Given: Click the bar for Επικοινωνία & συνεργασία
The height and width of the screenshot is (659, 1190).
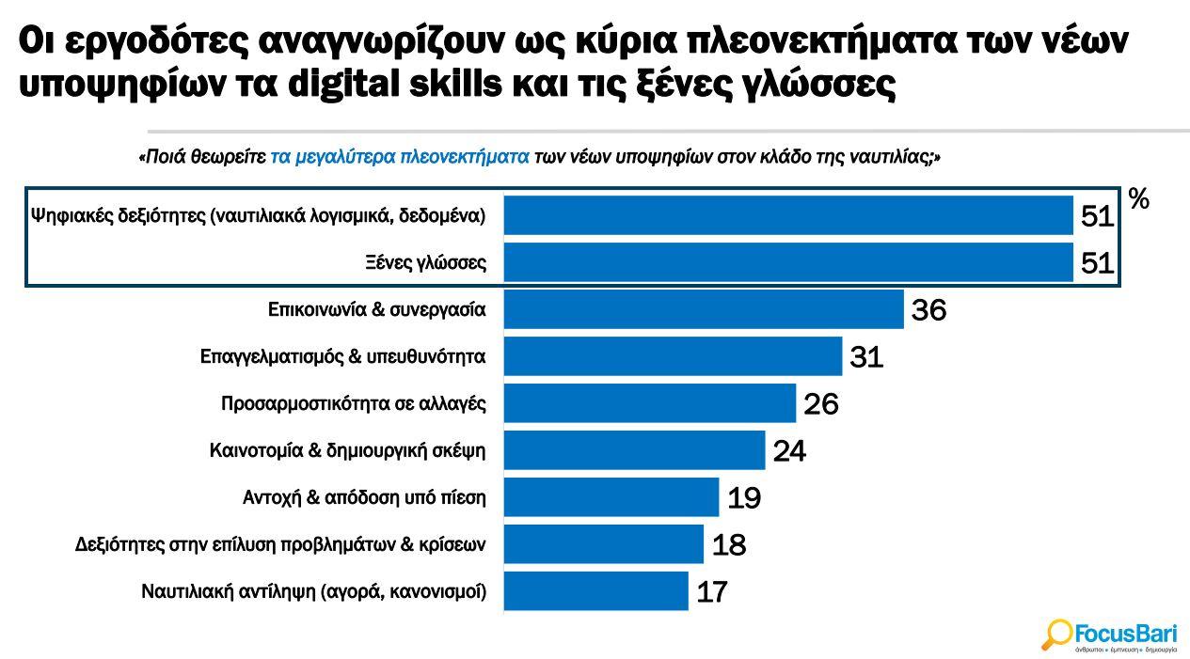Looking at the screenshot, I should (x=703, y=309).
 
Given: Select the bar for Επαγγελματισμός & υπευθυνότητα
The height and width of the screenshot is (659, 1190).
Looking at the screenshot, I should (x=673, y=356).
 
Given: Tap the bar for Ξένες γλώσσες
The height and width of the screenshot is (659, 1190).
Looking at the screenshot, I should (x=788, y=262).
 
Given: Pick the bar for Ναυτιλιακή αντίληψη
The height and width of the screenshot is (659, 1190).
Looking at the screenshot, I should (x=595, y=591).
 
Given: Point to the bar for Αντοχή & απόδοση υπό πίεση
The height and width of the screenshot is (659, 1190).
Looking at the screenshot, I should (x=611, y=497).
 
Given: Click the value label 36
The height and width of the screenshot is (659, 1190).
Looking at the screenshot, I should (x=928, y=310).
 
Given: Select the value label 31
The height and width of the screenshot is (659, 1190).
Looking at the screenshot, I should (x=866, y=357).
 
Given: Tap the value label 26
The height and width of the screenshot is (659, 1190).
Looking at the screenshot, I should (x=820, y=404).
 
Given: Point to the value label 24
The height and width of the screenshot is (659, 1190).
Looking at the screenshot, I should (x=789, y=451).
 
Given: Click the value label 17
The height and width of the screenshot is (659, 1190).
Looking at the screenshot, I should (x=712, y=592).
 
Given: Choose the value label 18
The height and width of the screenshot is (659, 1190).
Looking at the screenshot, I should (x=728, y=545).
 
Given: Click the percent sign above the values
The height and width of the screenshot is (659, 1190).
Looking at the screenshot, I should (x=1138, y=199).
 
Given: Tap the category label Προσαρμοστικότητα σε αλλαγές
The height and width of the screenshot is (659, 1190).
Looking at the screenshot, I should (x=353, y=404).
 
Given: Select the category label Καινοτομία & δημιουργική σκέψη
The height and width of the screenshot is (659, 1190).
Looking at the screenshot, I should (x=347, y=451).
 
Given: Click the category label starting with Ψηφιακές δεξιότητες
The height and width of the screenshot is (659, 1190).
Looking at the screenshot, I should (x=258, y=215).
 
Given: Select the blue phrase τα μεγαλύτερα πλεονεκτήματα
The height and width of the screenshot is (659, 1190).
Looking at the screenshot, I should (x=400, y=158).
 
